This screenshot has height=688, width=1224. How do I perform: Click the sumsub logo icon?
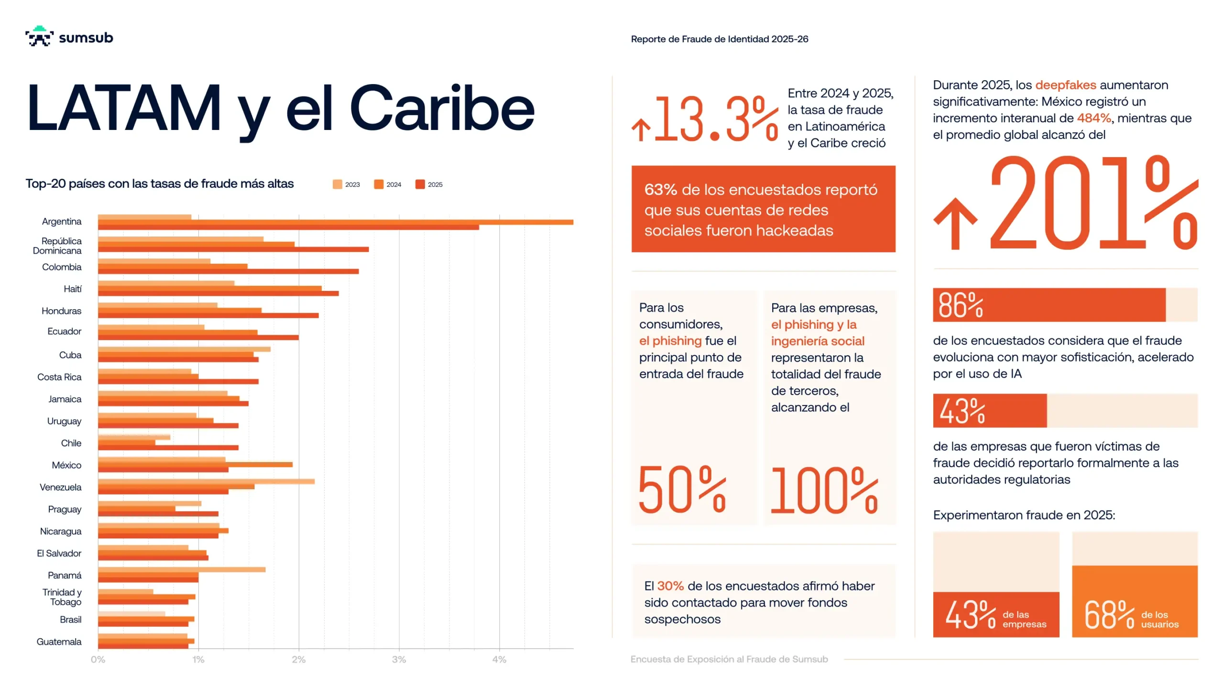39,36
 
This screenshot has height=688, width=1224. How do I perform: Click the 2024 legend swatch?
379,184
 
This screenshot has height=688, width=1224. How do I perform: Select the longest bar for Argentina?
335,222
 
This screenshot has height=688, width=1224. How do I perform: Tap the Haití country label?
73,289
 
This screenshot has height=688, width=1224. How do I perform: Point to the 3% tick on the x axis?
399,659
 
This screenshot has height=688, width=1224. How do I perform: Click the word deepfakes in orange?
1065,85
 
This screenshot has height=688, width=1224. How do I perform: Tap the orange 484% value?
1093,118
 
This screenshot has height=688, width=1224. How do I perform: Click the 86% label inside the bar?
960,305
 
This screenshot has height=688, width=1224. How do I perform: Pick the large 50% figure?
682,490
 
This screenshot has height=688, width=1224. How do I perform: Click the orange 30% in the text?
670,586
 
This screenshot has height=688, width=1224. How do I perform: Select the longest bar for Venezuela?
206,482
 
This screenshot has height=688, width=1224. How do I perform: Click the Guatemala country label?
59,642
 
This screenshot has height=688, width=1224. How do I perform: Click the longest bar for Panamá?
182,570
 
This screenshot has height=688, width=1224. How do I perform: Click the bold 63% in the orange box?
660,190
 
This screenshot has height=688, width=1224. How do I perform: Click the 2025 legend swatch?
420,184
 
